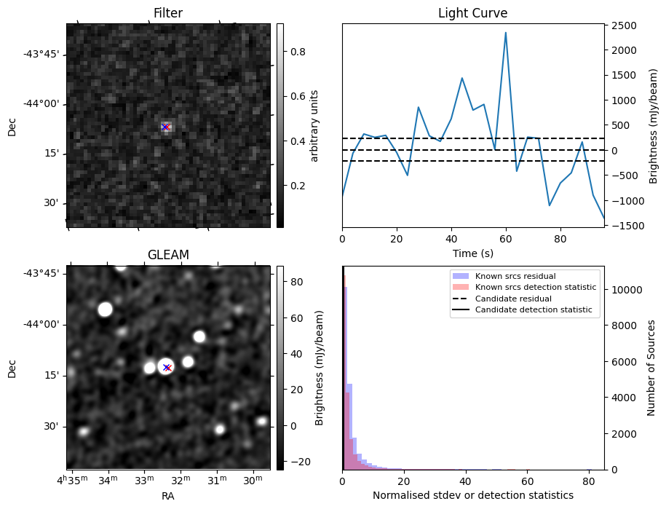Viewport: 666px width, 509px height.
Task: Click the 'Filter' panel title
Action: [168, 13]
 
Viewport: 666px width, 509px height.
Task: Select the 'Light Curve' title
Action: [472, 13]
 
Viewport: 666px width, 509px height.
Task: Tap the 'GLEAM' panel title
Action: [168, 255]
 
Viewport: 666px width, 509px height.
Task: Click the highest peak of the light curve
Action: [505, 33]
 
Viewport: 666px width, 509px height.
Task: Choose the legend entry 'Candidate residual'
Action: [513, 299]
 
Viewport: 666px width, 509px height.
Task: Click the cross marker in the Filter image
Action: [165, 127]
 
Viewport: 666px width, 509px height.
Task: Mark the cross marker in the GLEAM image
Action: [167, 368]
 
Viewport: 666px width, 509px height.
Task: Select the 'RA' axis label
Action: [168, 496]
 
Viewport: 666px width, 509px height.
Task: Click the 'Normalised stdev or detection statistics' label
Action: [472, 495]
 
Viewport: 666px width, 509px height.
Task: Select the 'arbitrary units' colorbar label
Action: [314, 125]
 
